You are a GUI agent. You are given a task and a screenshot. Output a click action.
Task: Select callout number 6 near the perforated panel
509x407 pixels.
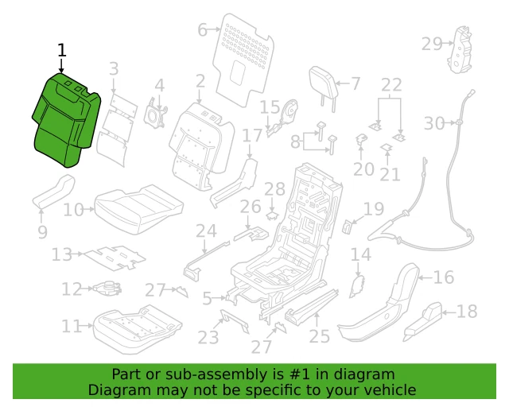(x=203, y=30)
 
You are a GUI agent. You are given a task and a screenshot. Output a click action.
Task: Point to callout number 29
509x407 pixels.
(x=431, y=44)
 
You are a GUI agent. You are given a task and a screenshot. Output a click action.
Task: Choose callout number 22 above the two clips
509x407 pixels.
(x=391, y=84)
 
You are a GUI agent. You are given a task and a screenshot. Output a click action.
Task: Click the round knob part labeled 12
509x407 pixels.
(x=110, y=289)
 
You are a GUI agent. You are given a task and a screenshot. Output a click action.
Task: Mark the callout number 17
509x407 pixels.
(x=252, y=136)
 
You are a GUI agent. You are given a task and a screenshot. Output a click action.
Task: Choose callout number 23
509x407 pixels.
(x=208, y=338)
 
